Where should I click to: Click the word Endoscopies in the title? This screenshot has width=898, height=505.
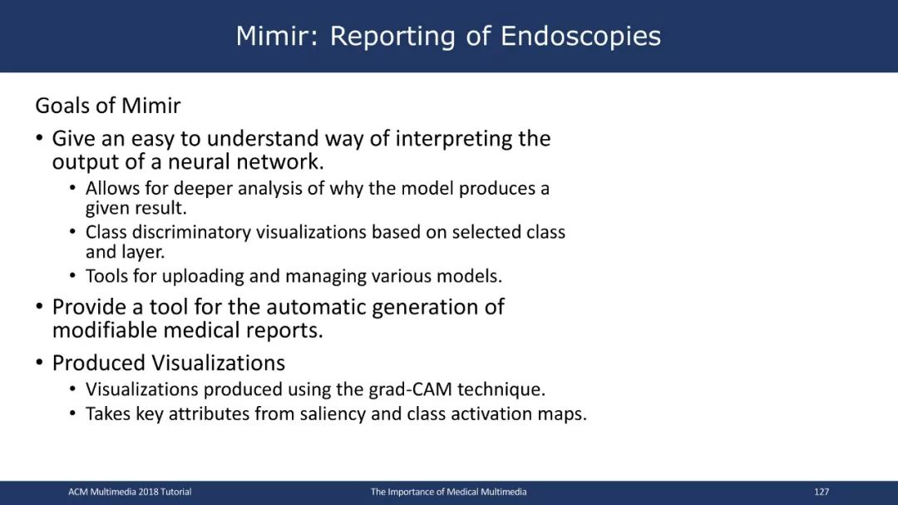pos(580,37)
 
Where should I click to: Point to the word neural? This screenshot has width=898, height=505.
pos(197,161)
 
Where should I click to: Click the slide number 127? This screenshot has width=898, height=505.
pos(822,492)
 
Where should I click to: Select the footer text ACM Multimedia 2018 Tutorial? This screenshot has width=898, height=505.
pos(130,492)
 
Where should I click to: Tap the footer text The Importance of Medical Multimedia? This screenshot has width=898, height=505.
pos(448,492)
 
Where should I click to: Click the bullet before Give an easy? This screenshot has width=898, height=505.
pos(39,138)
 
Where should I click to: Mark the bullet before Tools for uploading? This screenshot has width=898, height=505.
pos(72,275)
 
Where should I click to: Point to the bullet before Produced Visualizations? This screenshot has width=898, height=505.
pos(39,363)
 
